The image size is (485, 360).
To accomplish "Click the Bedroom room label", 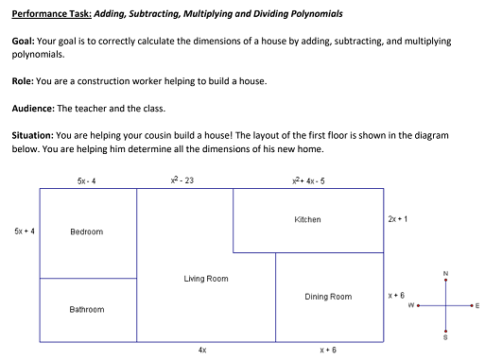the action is [86, 231].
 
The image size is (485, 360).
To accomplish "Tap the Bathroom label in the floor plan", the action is [86, 309].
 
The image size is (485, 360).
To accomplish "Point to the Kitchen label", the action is [307, 219].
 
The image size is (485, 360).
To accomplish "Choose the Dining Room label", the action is [328, 297].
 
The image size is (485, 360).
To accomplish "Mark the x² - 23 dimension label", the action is [180, 180].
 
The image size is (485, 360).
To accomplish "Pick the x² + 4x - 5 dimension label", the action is [309, 180].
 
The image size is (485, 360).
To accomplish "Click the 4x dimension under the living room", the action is [202, 350].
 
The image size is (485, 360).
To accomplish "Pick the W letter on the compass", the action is [411, 305].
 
